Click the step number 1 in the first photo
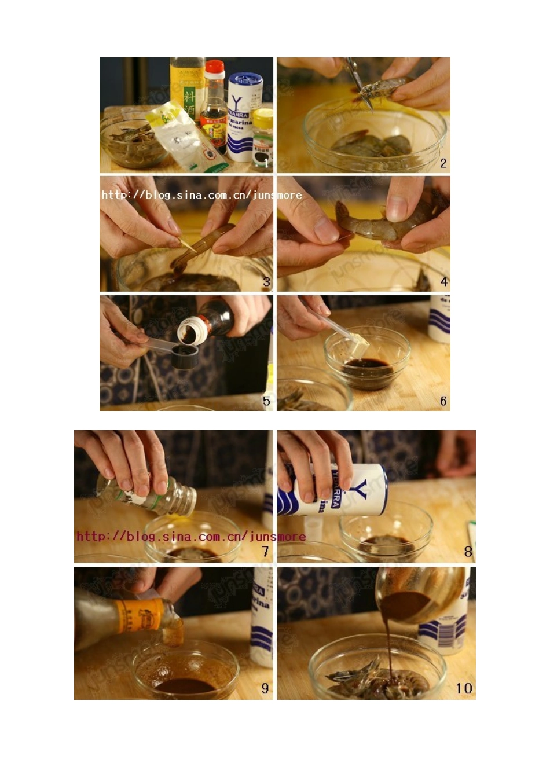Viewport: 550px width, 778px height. [266, 163]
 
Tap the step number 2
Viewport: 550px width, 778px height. [443, 163]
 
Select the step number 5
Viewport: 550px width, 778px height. [266, 401]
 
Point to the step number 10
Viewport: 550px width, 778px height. [464, 688]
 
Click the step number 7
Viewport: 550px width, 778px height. [265, 552]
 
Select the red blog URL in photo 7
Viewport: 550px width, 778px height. [191, 537]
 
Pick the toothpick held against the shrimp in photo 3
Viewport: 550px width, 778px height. [188, 245]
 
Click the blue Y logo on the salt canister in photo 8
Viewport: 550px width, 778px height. [360, 489]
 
